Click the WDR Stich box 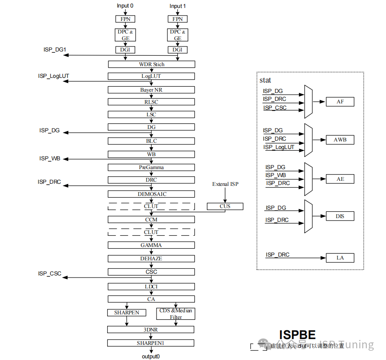152,64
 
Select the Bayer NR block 151,90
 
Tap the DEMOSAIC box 151,194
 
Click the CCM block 151,219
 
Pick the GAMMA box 151,245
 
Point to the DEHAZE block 151,259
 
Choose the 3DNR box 151,330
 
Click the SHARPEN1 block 151,343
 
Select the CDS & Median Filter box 176,314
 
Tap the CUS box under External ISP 225,206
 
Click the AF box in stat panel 340,102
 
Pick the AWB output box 340,140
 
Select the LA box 340,258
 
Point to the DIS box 340,216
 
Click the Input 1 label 178,6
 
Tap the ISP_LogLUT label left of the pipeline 54,76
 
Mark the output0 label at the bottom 151,356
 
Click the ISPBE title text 297,334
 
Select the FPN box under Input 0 125,19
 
